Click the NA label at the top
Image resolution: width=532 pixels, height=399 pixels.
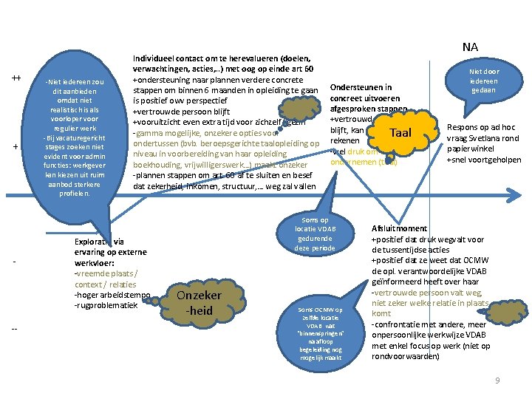click(470, 47)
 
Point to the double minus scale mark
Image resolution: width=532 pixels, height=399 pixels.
click(16, 329)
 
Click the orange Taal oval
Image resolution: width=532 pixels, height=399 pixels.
click(400, 133)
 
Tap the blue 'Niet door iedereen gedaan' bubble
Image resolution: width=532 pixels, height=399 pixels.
click(484, 81)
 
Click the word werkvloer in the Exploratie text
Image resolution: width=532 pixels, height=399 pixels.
click(94, 262)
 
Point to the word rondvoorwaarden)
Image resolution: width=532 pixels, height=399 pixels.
click(404, 356)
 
